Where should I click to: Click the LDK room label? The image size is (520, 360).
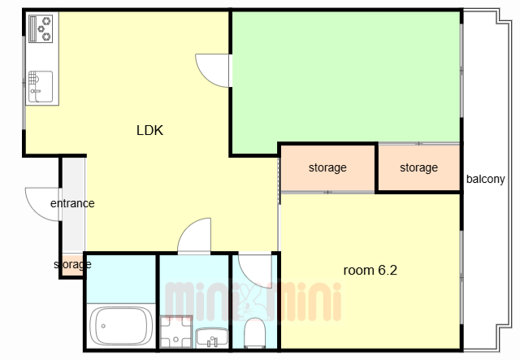pos(149,130)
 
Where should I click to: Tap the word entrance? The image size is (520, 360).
pos(72,203)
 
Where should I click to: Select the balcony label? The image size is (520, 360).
pos(486,179)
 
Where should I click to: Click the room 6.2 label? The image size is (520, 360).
pos(370,270)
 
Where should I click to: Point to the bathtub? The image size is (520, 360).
pos(121,326)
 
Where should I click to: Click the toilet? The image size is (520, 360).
pos(254,332)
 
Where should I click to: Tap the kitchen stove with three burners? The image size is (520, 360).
pos(41,29)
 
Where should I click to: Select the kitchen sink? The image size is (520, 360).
pos(40,87)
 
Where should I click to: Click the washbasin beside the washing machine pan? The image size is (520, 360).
pos(211,337)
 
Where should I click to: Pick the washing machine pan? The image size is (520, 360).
pos(175,332)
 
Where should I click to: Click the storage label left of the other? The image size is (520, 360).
pos(327,168)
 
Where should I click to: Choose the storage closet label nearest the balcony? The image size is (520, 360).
pos(419,168)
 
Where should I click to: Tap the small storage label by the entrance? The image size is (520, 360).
pos(72,264)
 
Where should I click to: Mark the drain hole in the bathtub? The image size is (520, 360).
pos(103,326)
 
